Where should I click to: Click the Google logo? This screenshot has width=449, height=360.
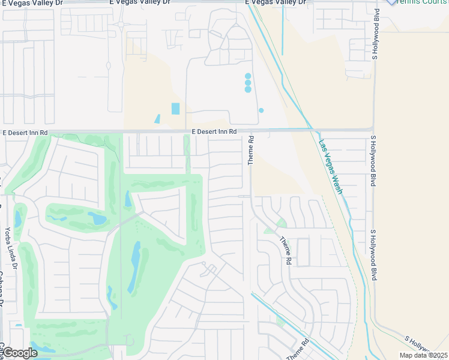pyautogui.click(x=20, y=353)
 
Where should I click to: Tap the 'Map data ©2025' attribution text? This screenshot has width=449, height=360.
pyautogui.click(x=424, y=355)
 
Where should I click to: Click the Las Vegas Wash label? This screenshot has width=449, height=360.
pyautogui.click(x=330, y=167)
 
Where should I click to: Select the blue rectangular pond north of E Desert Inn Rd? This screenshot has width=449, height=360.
pyautogui.click(x=175, y=109)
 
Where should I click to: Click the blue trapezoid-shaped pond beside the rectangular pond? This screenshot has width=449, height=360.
pyautogui.click(x=157, y=119)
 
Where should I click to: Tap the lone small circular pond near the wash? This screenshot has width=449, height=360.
pyautogui.click(x=261, y=110)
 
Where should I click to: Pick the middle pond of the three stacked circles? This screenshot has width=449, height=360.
pyautogui.click(x=248, y=83)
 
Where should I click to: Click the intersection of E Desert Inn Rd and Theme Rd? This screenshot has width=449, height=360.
pyautogui.click(x=250, y=130)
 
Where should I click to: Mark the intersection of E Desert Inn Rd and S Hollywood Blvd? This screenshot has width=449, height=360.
pyautogui.click(x=373, y=130)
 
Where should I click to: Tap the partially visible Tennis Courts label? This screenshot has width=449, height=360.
pyautogui.click(x=420, y=2)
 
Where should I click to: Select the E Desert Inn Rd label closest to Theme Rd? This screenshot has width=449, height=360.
pyautogui.click(x=214, y=131)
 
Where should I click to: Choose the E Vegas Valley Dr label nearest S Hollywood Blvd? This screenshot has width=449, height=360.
pyautogui.click(x=280, y=3)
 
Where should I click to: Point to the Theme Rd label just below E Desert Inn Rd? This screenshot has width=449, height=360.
pyautogui.click(x=251, y=151)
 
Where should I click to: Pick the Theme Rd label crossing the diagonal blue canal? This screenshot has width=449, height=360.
pyautogui.click(x=299, y=349)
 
